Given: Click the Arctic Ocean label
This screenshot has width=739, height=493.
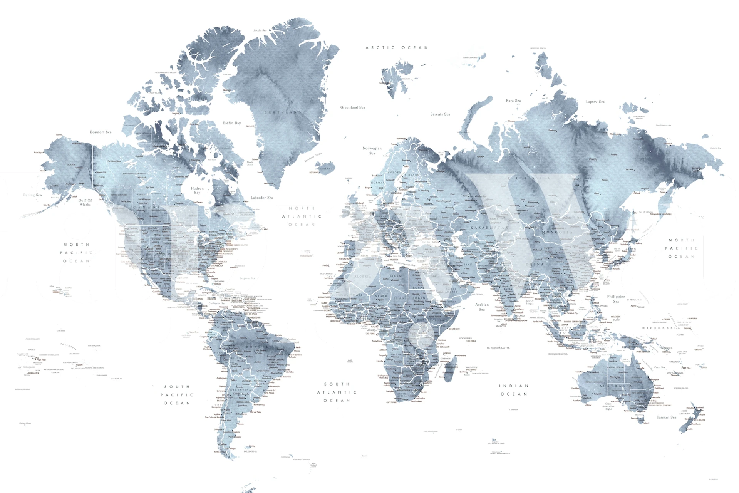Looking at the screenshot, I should pyautogui.click(x=396, y=48).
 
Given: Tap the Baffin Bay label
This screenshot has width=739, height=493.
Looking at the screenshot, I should pyautogui.click(x=232, y=123).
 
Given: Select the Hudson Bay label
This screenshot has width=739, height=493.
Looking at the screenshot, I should pyautogui.click(x=197, y=190).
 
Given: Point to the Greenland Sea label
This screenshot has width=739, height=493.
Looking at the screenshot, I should pyautogui.click(x=352, y=107).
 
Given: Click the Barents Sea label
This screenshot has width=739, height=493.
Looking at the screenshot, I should pyautogui.click(x=440, y=114).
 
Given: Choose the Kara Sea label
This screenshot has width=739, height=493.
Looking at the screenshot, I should pyautogui.click(x=513, y=101).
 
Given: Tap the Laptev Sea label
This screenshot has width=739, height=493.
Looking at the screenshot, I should pyautogui.click(x=595, y=102).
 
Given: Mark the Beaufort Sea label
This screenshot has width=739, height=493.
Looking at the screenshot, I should pyautogui.click(x=101, y=132).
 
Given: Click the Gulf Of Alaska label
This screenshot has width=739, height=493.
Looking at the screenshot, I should pyautogui.click(x=85, y=202).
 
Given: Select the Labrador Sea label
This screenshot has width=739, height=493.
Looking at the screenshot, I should pyautogui.click(x=261, y=198).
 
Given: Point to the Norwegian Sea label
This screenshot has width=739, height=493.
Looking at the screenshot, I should pyautogui.click(x=372, y=151).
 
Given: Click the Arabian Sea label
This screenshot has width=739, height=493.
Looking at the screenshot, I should pyautogui.click(x=482, y=307).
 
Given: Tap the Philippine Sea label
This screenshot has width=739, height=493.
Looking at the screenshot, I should pyautogui.click(x=616, y=299).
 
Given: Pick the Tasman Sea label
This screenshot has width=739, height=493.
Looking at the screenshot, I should pyautogui.click(x=666, y=417).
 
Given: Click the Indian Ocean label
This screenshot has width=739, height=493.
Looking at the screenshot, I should pyautogui.click(x=514, y=390).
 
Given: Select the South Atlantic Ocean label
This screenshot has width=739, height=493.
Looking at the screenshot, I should pyautogui.click(x=337, y=392).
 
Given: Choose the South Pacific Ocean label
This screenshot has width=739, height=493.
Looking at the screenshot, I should pyautogui.click(x=177, y=395).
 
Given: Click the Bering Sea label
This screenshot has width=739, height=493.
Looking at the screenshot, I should pyautogui.click(x=32, y=195).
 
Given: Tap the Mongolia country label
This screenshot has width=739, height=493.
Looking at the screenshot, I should pyautogui.click(x=557, y=233).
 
